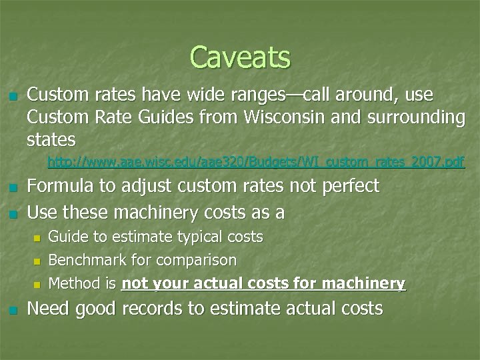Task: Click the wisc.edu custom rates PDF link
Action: click(256, 162)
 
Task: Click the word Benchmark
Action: click(85, 260)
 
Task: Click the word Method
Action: click(75, 283)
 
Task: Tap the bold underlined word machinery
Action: click(365, 284)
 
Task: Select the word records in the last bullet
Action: click(173, 309)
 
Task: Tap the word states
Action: click(51, 140)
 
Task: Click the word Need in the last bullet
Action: click(51, 309)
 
